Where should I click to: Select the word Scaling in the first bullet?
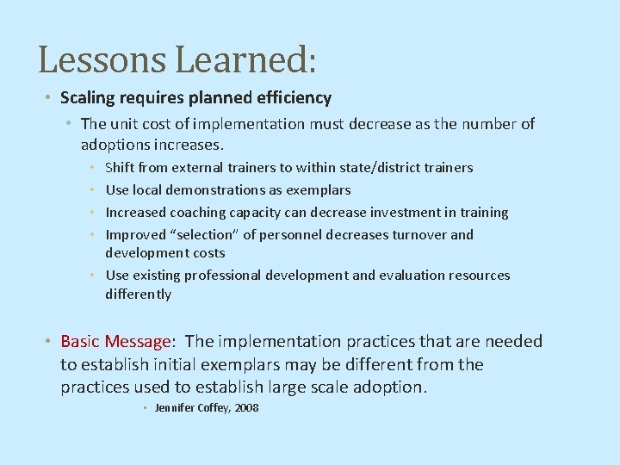click(x=88, y=98)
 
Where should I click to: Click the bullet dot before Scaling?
click(x=51, y=98)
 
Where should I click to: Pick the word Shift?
click(x=121, y=167)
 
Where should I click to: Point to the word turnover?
click(x=414, y=234)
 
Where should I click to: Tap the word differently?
click(x=138, y=294)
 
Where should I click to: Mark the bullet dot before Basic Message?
click(x=51, y=342)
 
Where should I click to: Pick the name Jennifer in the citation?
click(x=175, y=407)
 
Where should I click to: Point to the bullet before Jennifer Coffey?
click(x=146, y=407)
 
